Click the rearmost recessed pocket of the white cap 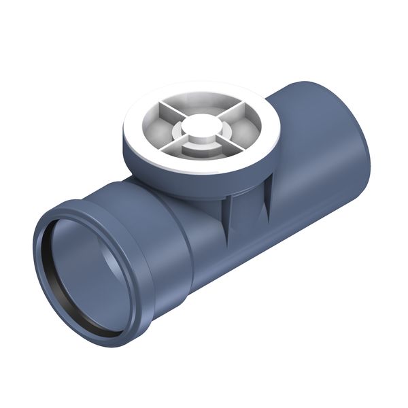coord(202,103)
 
